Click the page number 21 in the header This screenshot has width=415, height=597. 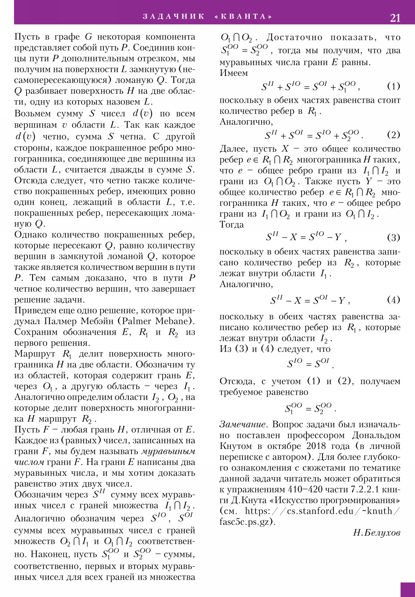[395, 18]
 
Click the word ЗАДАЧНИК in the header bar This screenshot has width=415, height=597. [174, 17]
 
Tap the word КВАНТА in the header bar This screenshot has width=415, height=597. [244, 17]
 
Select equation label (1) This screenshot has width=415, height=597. [393, 86]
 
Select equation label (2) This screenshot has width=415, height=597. [393, 135]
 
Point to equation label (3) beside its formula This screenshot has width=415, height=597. [393, 238]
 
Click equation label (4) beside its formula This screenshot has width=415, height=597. [393, 300]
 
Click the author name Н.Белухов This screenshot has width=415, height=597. [377, 533]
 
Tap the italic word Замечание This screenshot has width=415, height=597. [243, 424]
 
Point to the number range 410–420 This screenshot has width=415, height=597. [303, 489]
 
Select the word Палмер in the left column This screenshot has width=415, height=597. [60, 321]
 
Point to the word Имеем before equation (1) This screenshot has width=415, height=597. [233, 73]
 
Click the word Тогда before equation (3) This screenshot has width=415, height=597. [232, 225]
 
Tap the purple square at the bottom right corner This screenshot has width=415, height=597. [407, 589]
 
